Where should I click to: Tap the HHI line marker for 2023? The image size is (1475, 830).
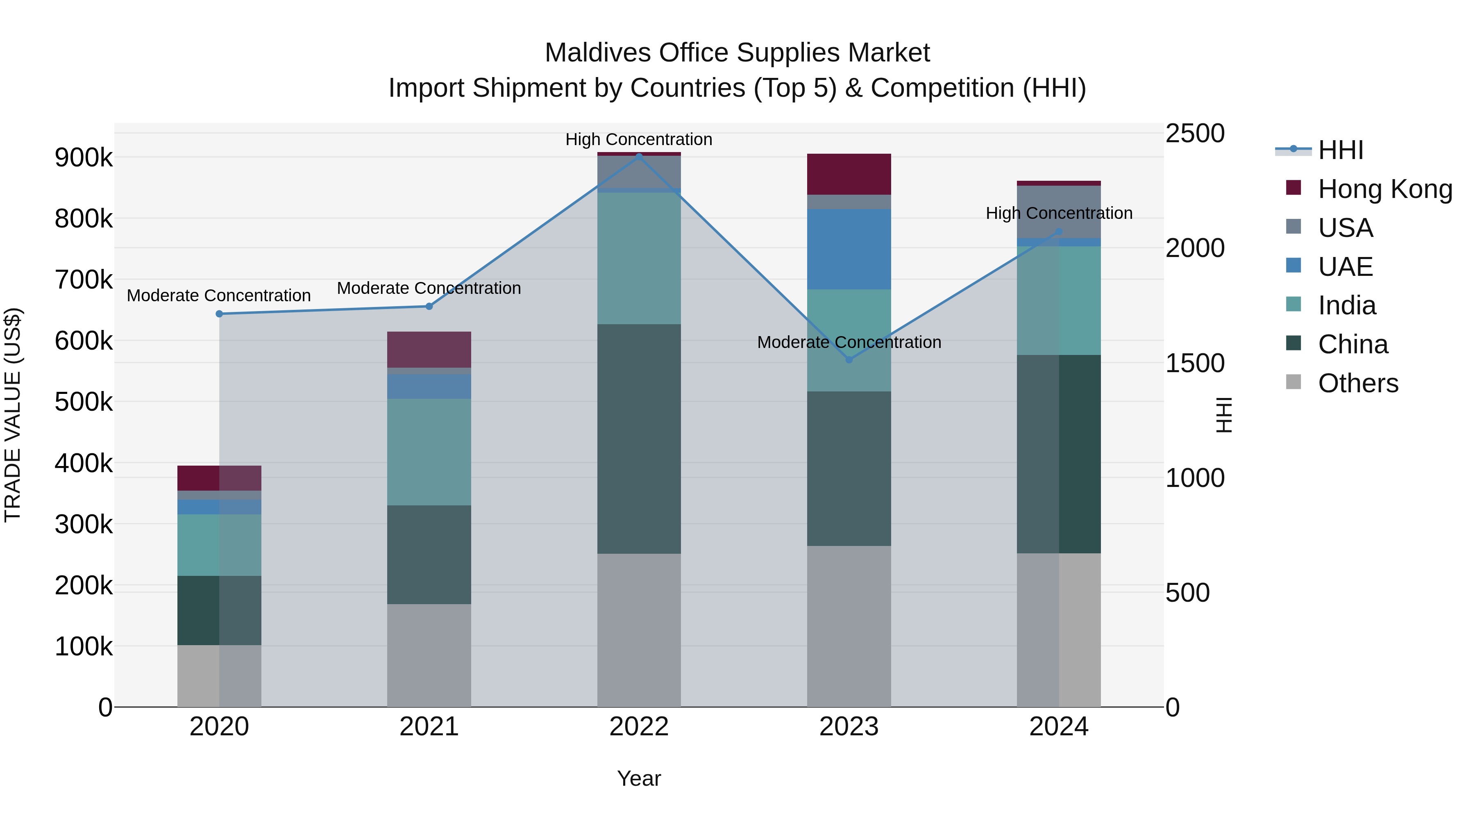click(849, 360)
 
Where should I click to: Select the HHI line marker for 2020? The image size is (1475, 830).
click(219, 314)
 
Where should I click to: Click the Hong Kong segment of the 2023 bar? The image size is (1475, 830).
click(849, 174)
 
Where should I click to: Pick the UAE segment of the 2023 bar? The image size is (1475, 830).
click(849, 249)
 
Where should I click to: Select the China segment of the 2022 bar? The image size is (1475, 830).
click(639, 439)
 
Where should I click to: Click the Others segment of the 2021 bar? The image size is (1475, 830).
click(429, 655)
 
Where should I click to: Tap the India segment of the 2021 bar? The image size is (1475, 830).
click(429, 452)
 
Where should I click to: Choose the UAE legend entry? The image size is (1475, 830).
click(1345, 267)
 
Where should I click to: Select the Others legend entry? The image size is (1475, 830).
click(1358, 383)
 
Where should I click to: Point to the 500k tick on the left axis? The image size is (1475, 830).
click(84, 402)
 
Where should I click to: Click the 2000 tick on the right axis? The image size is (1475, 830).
click(1195, 248)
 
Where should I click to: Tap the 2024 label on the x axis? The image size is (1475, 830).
click(1059, 727)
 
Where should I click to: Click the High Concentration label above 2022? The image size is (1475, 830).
click(639, 139)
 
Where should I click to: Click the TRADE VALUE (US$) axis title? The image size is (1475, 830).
click(13, 415)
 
